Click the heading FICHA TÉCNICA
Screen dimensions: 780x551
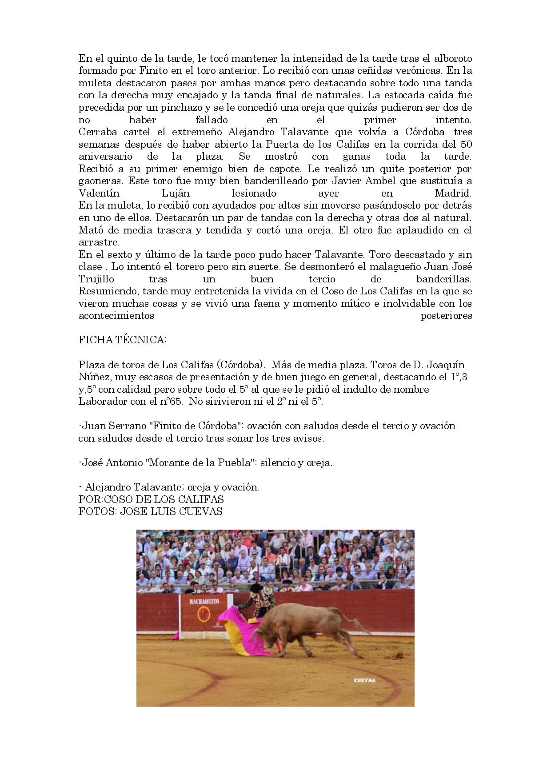122,340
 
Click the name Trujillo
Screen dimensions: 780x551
96,279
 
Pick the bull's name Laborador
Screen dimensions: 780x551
102,401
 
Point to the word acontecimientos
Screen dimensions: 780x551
116,316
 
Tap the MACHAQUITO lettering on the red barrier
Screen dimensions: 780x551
204,601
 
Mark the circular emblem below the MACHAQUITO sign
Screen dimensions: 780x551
204,615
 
